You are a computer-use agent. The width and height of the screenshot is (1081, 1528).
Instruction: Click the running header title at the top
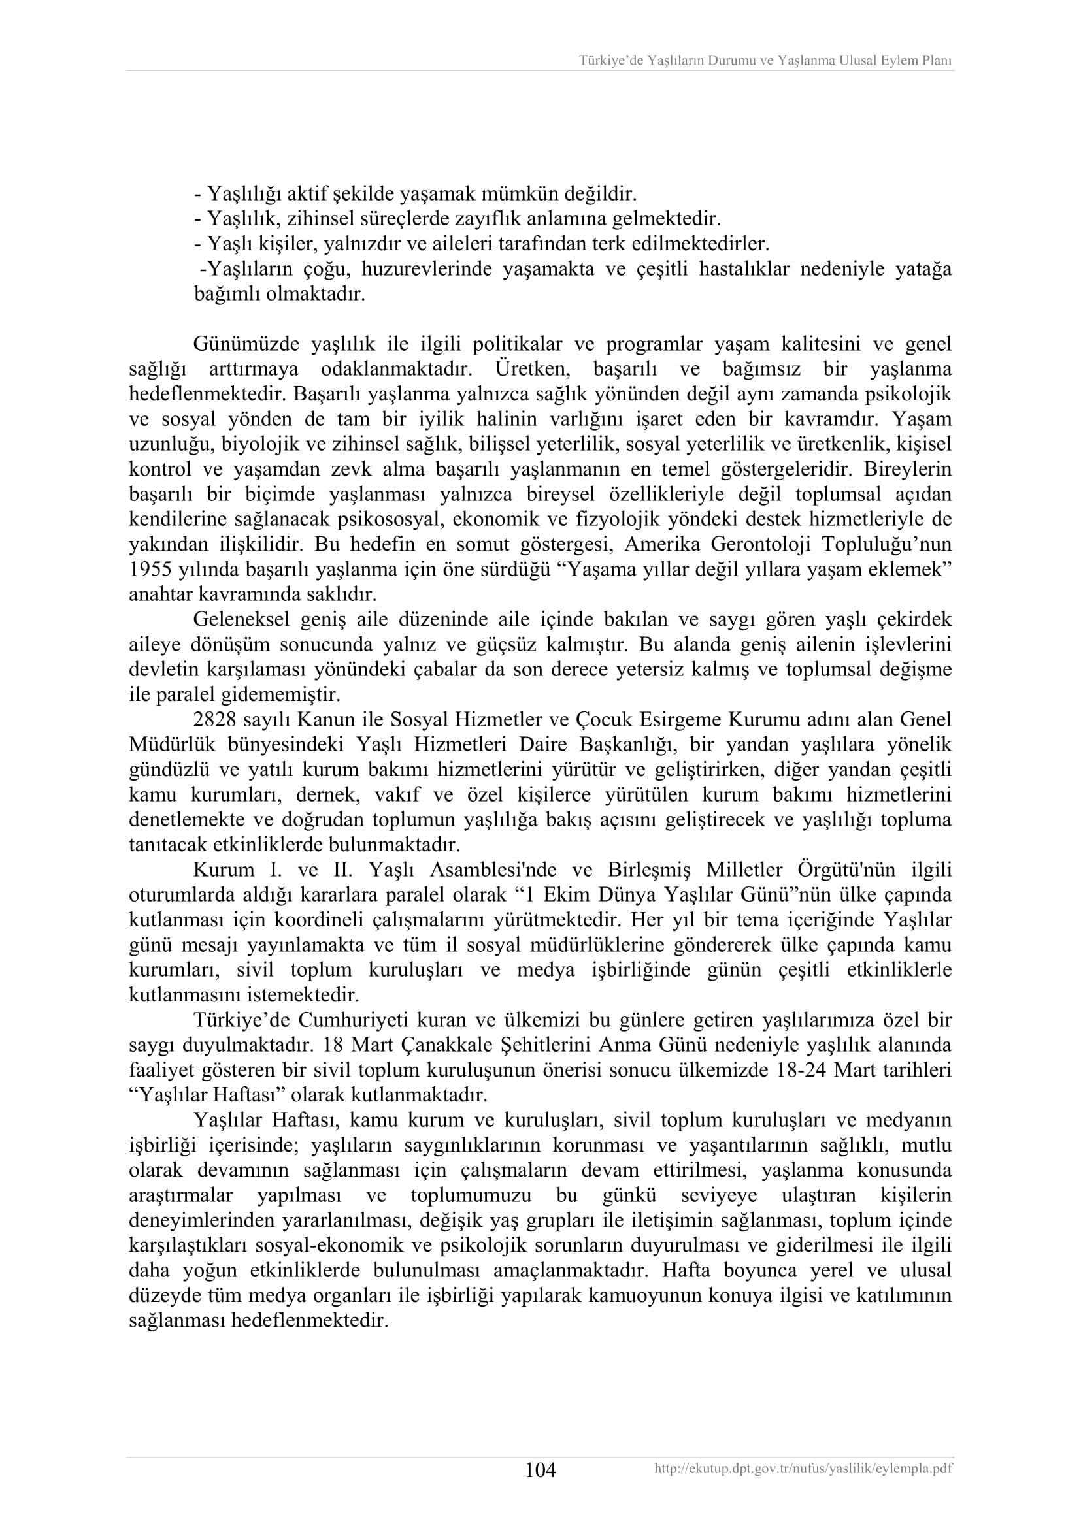(x=765, y=61)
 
